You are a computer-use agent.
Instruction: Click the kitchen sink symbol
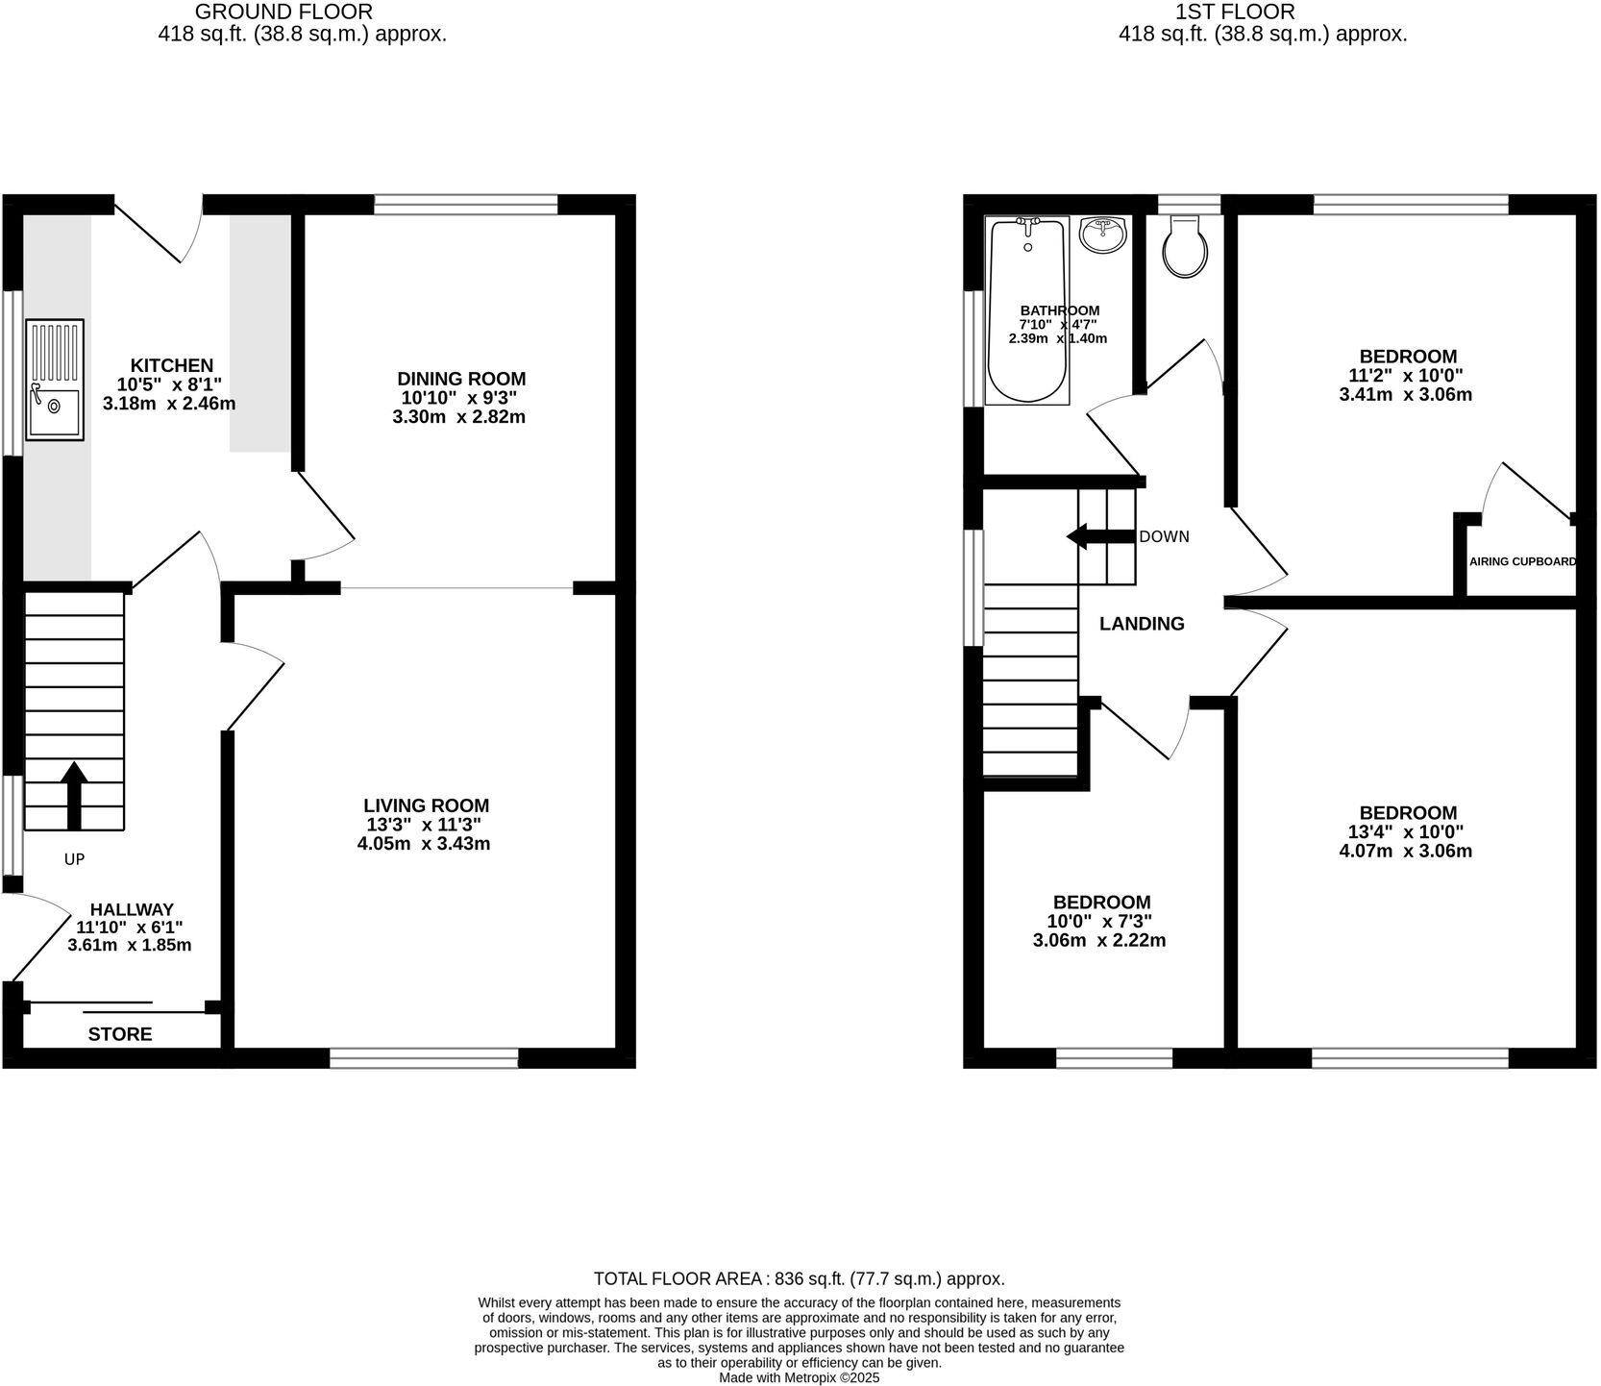(x=55, y=380)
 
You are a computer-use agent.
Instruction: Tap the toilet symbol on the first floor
(x=1184, y=246)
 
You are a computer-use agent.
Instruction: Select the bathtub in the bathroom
(x=1027, y=309)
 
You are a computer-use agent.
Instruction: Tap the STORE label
(x=120, y=1034)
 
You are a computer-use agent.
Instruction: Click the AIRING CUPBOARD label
(x=1522, y=561)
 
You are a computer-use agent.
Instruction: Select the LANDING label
(x=1142, y=624)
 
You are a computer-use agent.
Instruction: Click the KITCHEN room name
(x=172, y=365)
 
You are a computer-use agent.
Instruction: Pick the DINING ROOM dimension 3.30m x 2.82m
(x=458, y=417)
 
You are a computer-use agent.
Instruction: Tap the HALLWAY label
(x=132, y=909)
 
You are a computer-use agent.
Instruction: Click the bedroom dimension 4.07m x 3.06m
(x=1405, y=851)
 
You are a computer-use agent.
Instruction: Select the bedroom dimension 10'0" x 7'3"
(x=1101, y=921)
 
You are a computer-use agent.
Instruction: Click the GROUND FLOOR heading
(x=283, y=12)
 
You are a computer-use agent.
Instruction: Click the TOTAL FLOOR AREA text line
(x=799, y=1278)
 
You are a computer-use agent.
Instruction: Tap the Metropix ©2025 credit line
(x=799, y=1377)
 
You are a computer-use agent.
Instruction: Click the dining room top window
(x=466, y=204)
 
